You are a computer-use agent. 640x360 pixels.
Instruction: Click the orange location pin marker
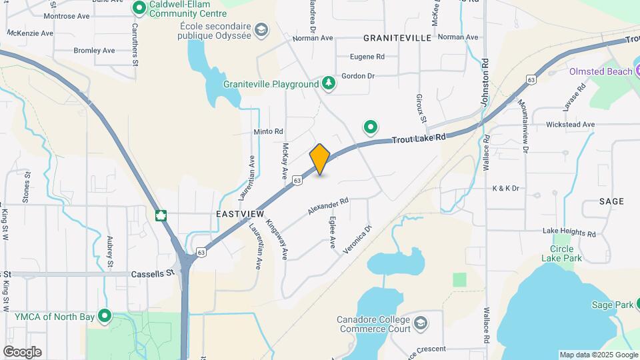coord(320,159)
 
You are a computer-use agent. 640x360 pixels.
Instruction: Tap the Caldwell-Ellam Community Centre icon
coord(139,8)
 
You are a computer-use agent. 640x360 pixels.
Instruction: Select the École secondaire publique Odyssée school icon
coord(261,30)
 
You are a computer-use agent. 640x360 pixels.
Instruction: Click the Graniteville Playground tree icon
coord(328,83)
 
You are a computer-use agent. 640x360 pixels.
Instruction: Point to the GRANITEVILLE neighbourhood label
coord(398,38)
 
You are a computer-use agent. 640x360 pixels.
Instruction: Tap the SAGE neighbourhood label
coord(611,201)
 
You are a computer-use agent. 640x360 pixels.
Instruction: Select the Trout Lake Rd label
coord(418,139)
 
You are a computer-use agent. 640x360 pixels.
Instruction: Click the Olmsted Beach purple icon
coord(557,71)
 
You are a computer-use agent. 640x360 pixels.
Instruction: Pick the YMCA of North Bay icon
coord(104,316)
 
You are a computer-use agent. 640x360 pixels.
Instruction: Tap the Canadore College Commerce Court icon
coord(420,323)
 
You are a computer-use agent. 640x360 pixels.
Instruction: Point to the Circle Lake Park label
coord(561,253)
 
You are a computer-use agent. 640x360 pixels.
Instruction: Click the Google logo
coord(22,351)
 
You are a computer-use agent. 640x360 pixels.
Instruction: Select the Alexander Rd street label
coord(328,205)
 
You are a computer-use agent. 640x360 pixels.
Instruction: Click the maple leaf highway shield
coord(161,215)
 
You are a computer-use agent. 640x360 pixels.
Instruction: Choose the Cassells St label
coord(153,273)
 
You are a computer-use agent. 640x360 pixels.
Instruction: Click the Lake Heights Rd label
coord(569,233)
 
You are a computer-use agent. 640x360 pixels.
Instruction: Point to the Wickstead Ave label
coord(569,125)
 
